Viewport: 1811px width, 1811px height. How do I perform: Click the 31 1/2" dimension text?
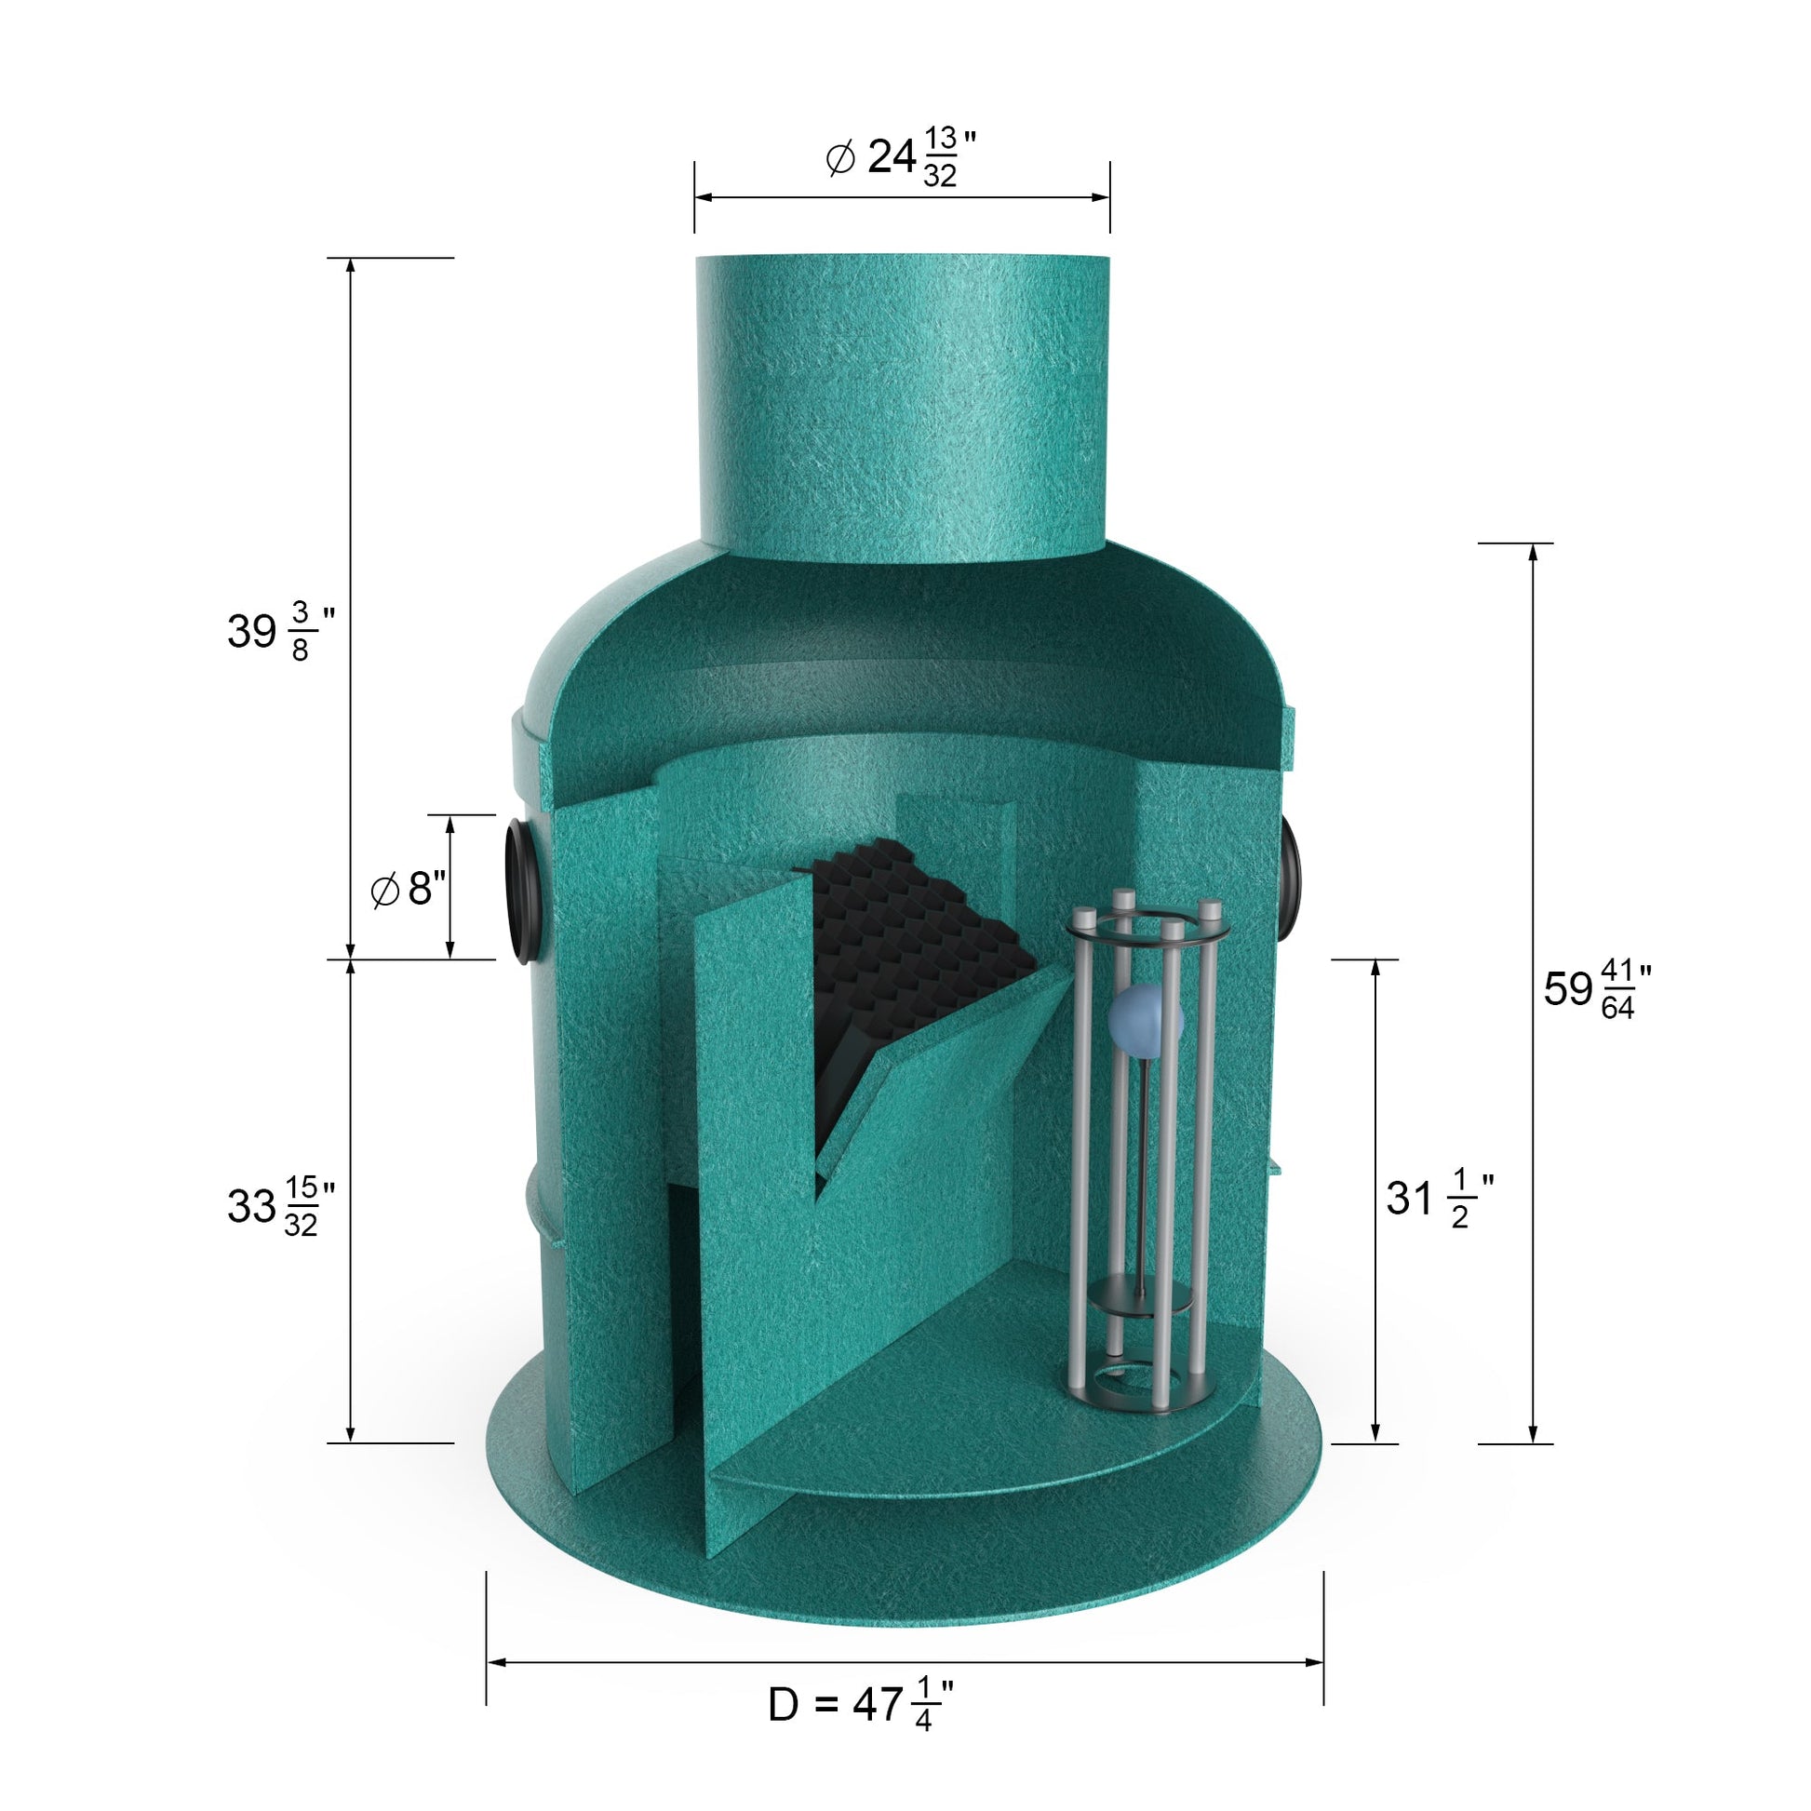click(x=1440, y=1198)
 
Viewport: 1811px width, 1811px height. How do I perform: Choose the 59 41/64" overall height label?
click(x=1598, y=989)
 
